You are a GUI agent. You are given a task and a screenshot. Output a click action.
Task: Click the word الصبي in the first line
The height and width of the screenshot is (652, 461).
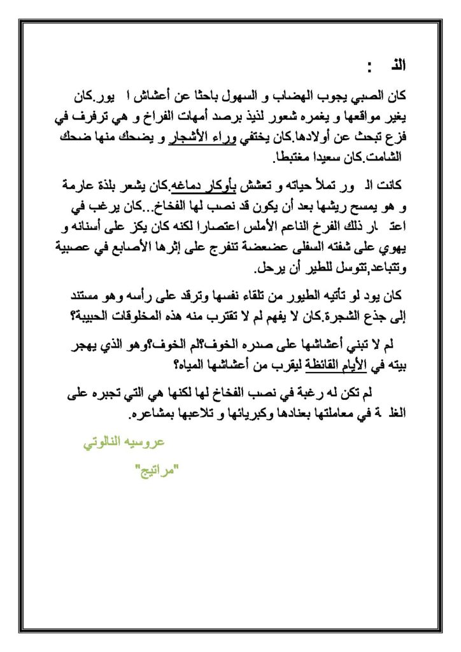tap(368, 97)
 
